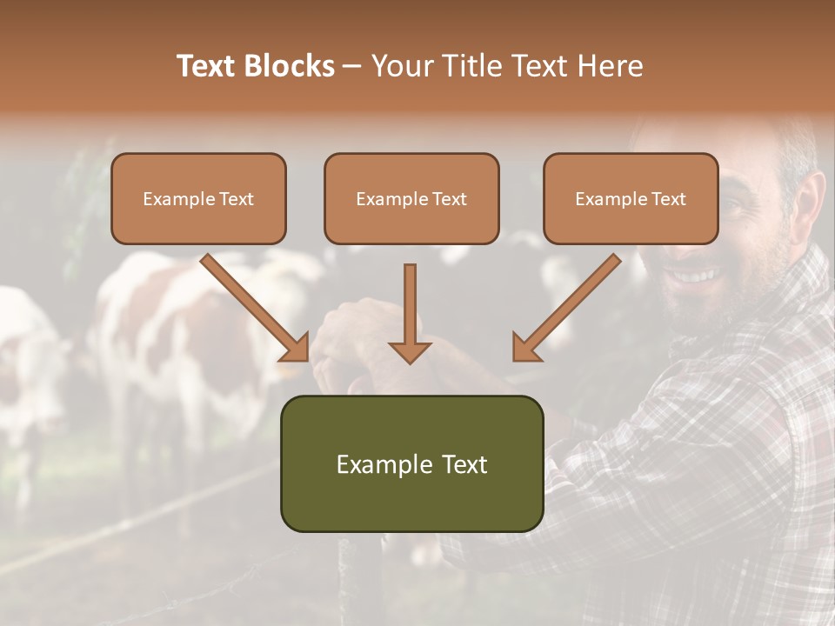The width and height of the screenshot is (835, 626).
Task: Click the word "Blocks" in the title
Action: (x=291, y=66)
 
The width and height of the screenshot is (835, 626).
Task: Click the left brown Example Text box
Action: (x=198, y=198)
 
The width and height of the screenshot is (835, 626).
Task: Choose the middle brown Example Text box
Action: (x=411, y=198)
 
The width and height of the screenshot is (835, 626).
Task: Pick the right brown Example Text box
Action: (x=631, y=198)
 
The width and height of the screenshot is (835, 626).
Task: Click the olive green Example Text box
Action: (x=411, y=463)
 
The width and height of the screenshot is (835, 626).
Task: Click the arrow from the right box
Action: (x=565, y=308)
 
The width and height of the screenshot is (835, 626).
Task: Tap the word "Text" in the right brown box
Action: (x=669, y=199)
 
